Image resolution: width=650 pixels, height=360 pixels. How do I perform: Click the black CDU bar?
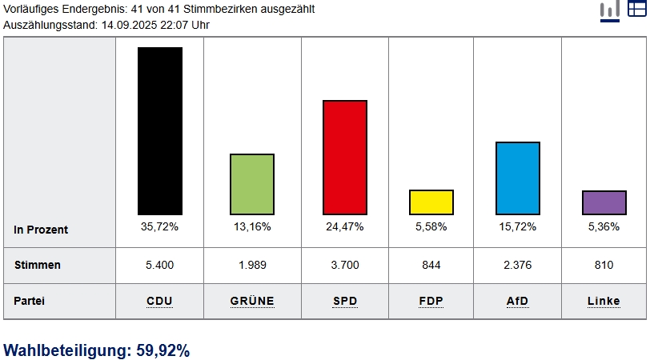pos(160,130)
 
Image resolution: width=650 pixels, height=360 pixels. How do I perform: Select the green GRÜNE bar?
pos(252,184)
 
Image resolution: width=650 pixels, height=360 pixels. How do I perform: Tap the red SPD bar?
pos(345,157)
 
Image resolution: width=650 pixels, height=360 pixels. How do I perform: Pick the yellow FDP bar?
pos(431,202)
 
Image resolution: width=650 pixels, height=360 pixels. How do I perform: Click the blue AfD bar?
pos(518,178)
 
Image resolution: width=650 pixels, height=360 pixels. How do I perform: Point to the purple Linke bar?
pos(604,202)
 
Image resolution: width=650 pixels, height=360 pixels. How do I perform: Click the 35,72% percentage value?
pos(160,227)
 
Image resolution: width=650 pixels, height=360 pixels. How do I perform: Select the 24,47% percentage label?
pos(345,227)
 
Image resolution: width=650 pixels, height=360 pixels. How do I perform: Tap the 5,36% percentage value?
pos(604,227)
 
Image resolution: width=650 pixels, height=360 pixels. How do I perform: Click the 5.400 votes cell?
pos(160,265)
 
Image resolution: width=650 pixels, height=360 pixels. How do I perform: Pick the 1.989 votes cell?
pos(252,265)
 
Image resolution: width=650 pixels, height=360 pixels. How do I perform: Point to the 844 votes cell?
pos(431,265)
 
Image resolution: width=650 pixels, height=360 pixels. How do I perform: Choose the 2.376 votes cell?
pos(518,265)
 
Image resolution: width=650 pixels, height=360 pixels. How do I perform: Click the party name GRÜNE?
pos(252,302)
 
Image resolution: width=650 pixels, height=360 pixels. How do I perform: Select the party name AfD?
pos(518,302)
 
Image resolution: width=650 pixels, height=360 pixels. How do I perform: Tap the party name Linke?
pos(604,302)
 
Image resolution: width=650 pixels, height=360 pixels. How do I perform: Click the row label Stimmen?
pos(38,265)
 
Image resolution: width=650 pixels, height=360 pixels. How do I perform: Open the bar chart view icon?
pos(610,10)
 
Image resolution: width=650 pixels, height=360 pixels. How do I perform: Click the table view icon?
pos(636,9)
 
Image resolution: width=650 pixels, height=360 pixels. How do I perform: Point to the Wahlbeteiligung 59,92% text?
pos(97,350)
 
